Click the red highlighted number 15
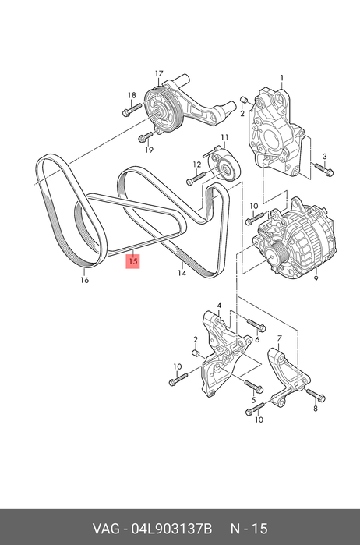click(x=132, y=261)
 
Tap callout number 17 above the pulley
click(x=159, y=74)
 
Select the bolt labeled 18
click(x=132, y=109)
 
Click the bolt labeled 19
click(x=146, y=136)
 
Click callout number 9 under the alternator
click(x=316, y=278)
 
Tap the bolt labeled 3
click(x=324, y=169)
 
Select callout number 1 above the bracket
click(x=282, y=78)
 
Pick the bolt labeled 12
click(x=196, y=179)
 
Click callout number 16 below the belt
click(x=85, y=280)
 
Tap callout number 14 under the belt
click(x=182, y=273)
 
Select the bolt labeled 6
click(x=256, y=325)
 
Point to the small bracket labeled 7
click(x=288, y=378)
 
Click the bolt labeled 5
click(x=254, y=386)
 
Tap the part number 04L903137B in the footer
click(x=171, y=529)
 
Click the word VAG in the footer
click(x=105, y=529)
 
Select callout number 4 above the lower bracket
click(x=219, y=306)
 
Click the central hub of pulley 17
click(x=161, y=111)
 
